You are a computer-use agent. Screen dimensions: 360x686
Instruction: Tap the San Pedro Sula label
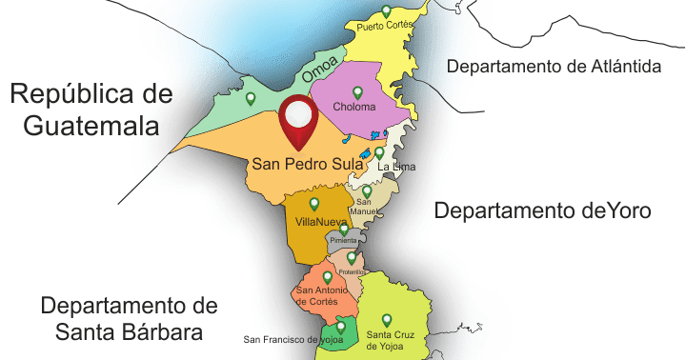(x=307, y=164)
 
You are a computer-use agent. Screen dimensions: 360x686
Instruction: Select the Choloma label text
(x=354, y=108)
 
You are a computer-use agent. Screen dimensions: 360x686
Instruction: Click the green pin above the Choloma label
(x=358, y=92)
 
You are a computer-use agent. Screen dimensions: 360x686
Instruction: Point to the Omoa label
(x=319, y=70)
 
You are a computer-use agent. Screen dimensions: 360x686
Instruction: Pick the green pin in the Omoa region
(x=251, y=98)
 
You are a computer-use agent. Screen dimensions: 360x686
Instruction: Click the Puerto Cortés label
(x=383, y=26)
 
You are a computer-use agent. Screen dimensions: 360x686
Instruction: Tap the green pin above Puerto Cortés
(x=386, y=11)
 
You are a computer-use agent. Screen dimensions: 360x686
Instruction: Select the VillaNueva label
(x=321, y=222)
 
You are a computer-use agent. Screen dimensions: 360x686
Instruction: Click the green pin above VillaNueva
(x=314, y=203)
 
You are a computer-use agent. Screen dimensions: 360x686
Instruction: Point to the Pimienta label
(x=343, y=241)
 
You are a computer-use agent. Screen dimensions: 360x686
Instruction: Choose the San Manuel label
(x=364, y=207)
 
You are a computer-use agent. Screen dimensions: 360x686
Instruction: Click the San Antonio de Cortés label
(x=323, y=295)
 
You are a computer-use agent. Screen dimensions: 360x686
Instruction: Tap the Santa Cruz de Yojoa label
(x=391, y=339)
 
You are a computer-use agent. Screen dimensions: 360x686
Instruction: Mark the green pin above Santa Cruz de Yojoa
(x=386, y=320)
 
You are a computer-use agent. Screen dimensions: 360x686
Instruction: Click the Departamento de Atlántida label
(x=554, y=67)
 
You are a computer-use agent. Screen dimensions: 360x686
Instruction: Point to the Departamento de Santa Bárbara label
(x=130, y=319)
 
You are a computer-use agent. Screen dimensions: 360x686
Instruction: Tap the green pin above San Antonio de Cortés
(x=327, y=277)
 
